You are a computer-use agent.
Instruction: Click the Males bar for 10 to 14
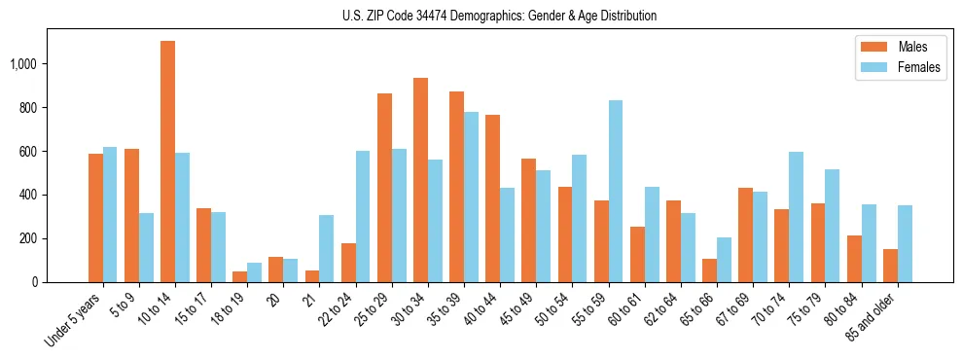[167, 162]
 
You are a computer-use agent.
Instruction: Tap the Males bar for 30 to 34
[420, 180]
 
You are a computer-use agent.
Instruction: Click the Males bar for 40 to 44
[492, 198]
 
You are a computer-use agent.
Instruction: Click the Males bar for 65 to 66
[709, 270]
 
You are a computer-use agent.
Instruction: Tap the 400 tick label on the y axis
[29, 195]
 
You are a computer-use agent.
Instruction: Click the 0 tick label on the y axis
[35, 282]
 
